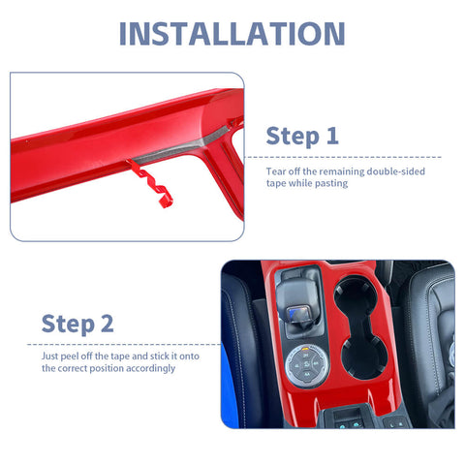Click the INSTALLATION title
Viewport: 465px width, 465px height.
point(232,34)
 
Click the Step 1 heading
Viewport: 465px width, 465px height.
point(302,137)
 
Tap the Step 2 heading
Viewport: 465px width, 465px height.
point(77,324)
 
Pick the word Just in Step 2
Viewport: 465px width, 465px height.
point(49,356)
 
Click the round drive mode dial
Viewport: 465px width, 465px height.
point(307,365)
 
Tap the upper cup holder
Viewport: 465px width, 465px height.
point(355,295)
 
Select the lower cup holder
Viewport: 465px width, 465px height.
point(364,357)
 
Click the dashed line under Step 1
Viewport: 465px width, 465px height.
point(343,157)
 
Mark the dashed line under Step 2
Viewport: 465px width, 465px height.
point(124,345)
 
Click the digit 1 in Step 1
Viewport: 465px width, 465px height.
point(332,136)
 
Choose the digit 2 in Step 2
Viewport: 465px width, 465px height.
point(108,324)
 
